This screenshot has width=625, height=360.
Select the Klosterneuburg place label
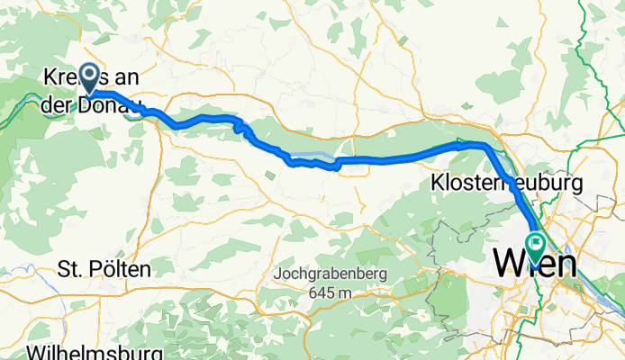point(506,183)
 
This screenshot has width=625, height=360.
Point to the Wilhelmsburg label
point(95,351)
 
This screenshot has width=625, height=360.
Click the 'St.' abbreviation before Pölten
point(68,268)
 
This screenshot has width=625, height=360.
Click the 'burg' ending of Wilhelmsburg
point(144,351)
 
